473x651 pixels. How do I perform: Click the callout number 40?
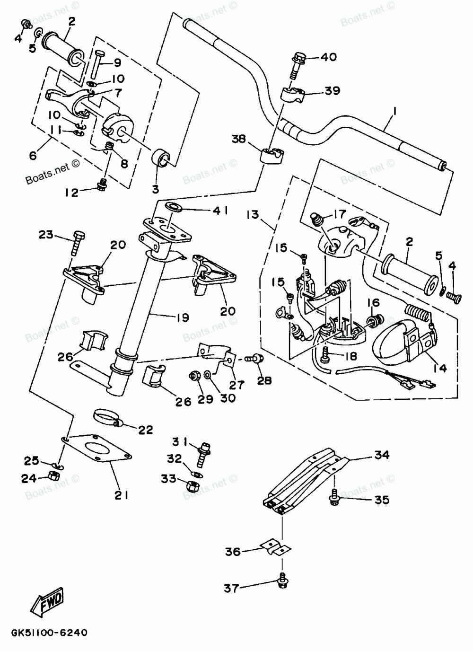click(329, 57)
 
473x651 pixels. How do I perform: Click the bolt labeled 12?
click(101, 185)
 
